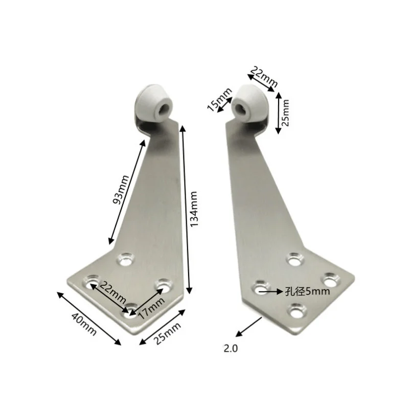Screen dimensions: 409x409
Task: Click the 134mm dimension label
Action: coord(194,209)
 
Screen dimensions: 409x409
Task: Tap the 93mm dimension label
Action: coord(121,190)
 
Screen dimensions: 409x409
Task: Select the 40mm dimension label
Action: coord(84,324)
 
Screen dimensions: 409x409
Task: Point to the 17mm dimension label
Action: coord(152,308)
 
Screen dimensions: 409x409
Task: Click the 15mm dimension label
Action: coord(219,99)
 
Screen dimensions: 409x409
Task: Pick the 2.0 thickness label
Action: coord(231,349)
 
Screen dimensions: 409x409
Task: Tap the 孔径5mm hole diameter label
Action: coord(307,291)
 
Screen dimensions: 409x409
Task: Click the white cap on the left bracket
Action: coord(154,103)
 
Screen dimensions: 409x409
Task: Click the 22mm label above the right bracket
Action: coord(264,77)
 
